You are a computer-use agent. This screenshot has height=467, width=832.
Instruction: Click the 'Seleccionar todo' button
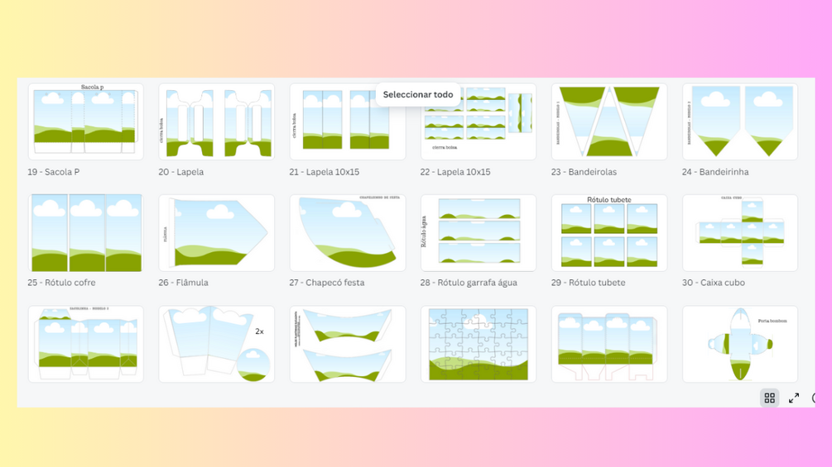point(418,95)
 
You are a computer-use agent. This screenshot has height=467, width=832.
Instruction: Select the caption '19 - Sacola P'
point(54,172)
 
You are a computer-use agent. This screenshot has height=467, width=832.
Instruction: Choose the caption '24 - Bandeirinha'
point(715,172)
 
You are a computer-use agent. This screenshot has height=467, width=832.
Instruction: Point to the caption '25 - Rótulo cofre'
point(61,283)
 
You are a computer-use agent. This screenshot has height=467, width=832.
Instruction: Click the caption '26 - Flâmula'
point(183,283)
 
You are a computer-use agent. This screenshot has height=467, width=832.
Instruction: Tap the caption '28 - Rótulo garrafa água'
point(469,283)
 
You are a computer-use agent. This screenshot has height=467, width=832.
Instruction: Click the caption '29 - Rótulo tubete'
point(589,283)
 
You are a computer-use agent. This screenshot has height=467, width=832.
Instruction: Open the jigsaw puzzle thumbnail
point(479,344)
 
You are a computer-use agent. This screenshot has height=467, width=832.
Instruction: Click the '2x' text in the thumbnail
point(259,331)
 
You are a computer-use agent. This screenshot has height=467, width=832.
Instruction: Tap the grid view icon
point(769,398)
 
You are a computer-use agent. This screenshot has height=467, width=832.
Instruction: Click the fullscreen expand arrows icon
point(794,398)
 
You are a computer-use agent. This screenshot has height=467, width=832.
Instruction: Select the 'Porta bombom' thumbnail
point(740,344)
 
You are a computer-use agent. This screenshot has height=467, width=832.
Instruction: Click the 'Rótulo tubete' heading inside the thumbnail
point(608,200)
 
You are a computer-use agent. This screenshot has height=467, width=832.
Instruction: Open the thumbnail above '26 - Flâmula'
point(216,233)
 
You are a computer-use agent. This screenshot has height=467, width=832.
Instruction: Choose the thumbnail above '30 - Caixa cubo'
point(740,233)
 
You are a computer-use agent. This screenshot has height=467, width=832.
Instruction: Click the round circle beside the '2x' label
point(253,364)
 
